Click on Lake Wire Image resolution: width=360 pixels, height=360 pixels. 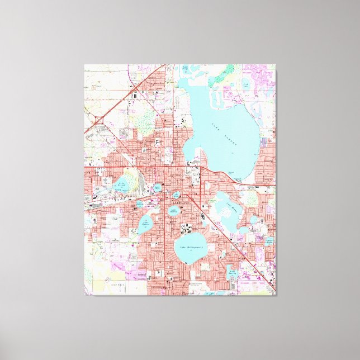point(158,188)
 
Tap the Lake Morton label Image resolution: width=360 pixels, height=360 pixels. point(174,211)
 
